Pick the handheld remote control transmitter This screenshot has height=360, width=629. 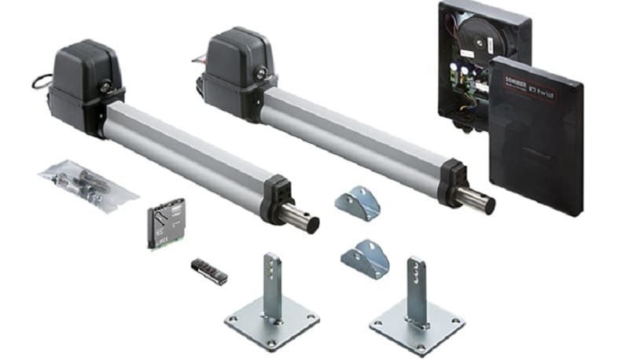click(209, 270)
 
